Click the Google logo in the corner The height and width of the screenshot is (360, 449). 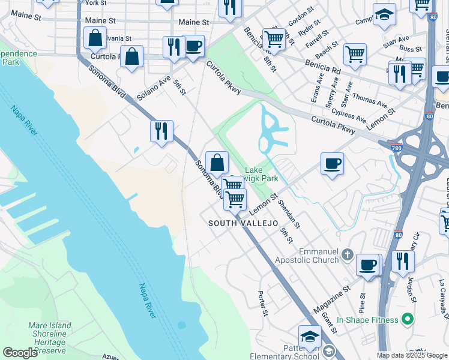[20, 353]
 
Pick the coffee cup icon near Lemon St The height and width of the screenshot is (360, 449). [332, 163]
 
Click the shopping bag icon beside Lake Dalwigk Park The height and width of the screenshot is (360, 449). [217, 162]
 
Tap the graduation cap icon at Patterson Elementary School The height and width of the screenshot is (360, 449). [310, 336]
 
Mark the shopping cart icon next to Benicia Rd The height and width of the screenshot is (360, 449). [355, 55]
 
